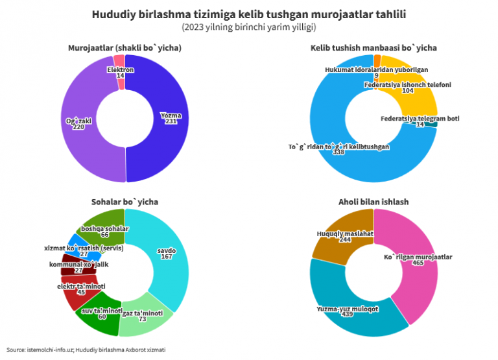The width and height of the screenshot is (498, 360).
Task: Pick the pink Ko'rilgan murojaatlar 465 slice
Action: (x=415, y=266)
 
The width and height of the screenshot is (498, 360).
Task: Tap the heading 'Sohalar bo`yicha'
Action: (x=124, y=202)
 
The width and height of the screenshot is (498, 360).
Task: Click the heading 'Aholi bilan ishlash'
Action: (x=373, y=202)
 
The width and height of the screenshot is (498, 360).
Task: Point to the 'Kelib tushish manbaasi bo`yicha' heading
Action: (x=373, y=48)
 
